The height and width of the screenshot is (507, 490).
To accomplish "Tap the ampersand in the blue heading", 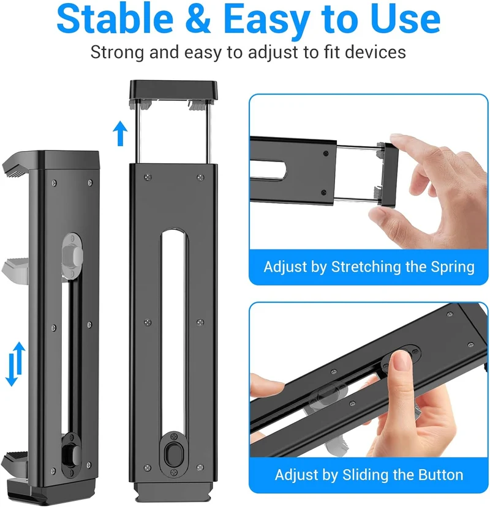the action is pyautogui.click(x=198, y=18).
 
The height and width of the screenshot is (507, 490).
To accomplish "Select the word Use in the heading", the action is pyautogui.click(x=405, y=18).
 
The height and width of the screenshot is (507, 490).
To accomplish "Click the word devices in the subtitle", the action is pyautogui.click(x=375, y=53).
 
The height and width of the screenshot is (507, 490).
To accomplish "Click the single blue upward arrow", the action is pyautogui.click(x=120, y=133).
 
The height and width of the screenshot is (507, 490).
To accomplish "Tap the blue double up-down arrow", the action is pyautogui.click(x=15, y=364).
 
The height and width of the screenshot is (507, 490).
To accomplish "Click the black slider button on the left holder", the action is pyautogui.click(x=70, y=455).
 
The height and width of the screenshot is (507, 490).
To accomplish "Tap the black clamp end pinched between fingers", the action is pyautogui.click(x=390, y=174).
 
